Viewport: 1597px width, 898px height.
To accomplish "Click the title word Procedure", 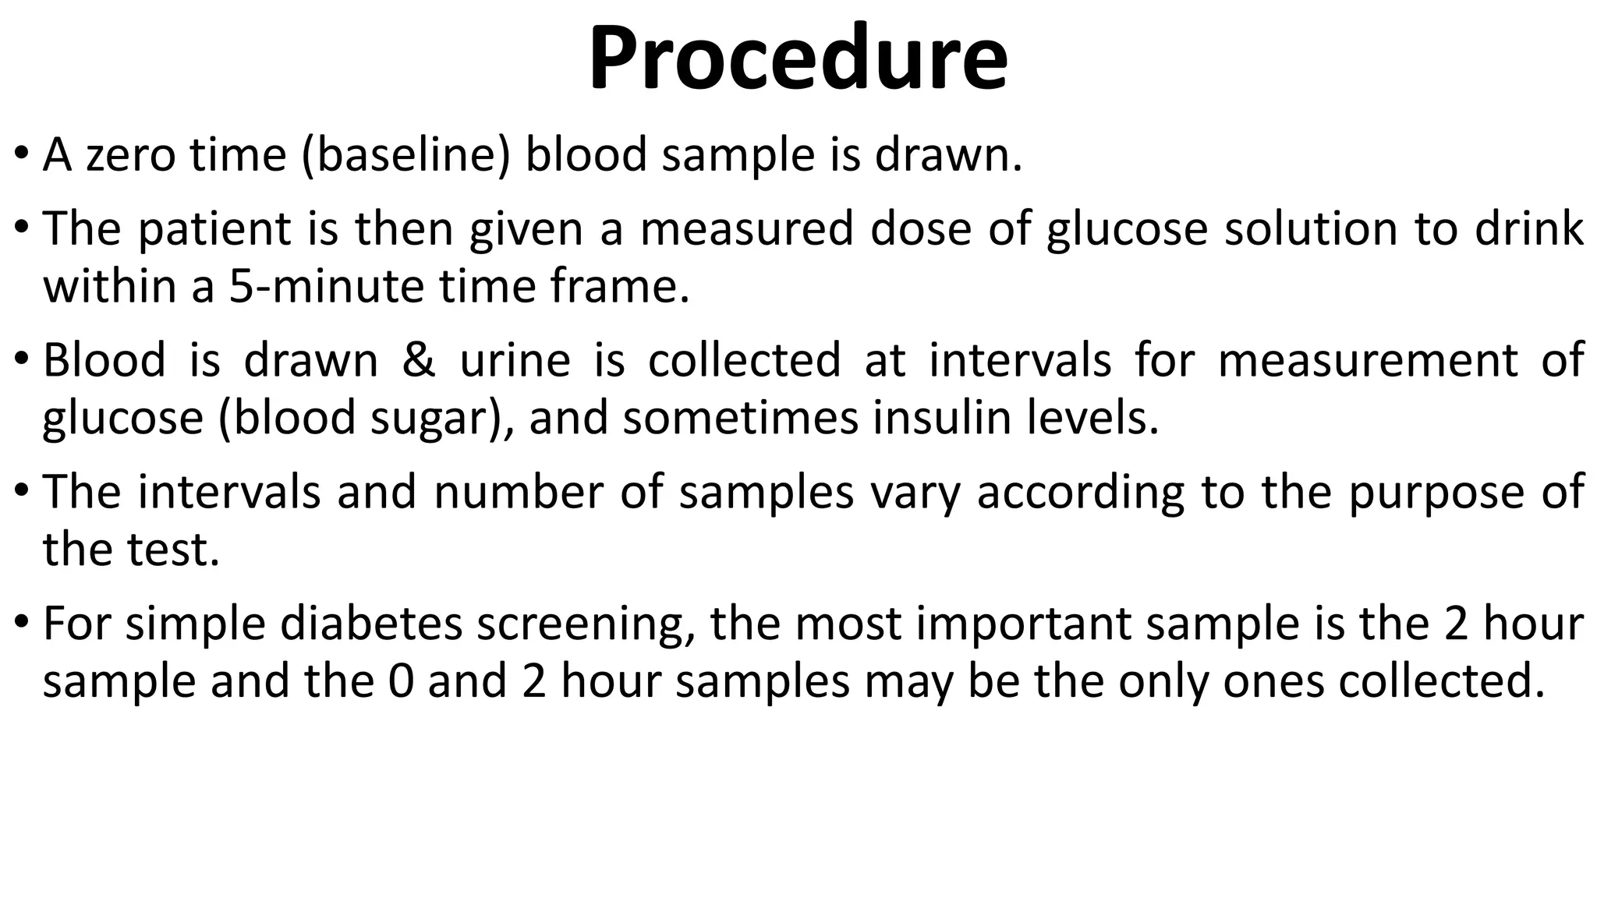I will pos(798,59).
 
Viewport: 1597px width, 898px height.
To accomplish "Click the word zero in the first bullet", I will pos(130,154).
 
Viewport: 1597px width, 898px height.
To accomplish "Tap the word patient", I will pos(214,229).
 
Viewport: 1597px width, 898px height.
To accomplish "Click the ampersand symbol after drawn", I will pos(419,360).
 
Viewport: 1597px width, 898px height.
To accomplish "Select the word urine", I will pos(515,360).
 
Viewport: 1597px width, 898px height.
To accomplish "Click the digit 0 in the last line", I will pos(400,681).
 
